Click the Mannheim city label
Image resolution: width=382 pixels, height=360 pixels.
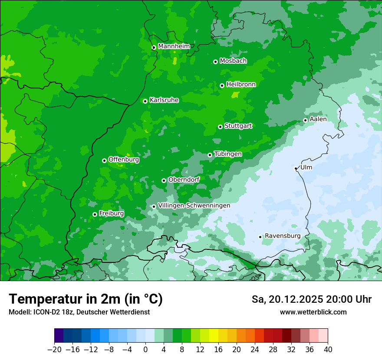174,46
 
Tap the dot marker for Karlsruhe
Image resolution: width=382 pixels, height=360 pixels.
145,101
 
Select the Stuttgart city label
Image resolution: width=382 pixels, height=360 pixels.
238,126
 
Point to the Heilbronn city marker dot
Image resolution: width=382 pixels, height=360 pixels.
222,85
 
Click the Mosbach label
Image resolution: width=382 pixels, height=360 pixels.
233,61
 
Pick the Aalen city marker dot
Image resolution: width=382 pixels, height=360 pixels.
305,120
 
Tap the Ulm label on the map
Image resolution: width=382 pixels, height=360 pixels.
306,167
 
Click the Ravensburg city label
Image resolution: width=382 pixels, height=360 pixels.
283,236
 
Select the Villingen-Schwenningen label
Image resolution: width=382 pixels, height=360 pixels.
194,206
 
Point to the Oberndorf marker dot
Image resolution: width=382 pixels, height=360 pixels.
164,180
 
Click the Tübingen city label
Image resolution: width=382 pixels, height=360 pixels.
228,154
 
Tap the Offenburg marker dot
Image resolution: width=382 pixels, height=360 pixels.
104,160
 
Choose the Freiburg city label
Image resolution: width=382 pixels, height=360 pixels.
111,213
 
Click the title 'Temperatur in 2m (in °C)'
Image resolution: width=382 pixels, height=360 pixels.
86,299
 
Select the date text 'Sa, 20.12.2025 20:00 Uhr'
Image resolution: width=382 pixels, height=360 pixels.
311,299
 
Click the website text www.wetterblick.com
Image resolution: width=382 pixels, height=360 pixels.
313,312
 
